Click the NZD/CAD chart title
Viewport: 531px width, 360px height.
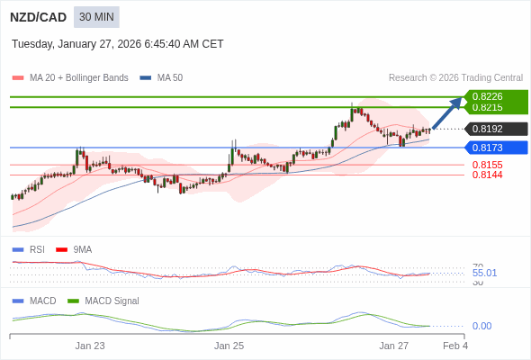tap(38, 17)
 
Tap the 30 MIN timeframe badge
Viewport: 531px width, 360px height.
tap(96, 17)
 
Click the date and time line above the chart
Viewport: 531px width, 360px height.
tap(117, 44)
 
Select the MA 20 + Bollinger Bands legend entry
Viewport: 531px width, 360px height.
tap(77, 78)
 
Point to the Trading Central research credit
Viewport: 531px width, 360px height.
tap(455, 78)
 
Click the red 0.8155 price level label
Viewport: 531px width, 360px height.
tap(487, 165)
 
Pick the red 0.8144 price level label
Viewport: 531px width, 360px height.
tap(487, 175)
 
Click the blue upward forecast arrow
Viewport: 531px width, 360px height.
tap(447, 112)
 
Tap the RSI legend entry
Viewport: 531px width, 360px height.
tap(36, 249)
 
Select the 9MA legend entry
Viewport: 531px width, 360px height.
tap(82, 249)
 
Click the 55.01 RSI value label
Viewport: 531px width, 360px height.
tap(484, 273)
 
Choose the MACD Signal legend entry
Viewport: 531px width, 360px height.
tap(112, 301)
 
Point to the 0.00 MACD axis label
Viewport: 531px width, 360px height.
tap(481, 326)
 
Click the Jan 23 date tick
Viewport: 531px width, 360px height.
tap(90, 346)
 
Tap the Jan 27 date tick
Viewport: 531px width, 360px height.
tap(393, 346)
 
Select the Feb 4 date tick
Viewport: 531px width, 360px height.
tap(455, 346)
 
